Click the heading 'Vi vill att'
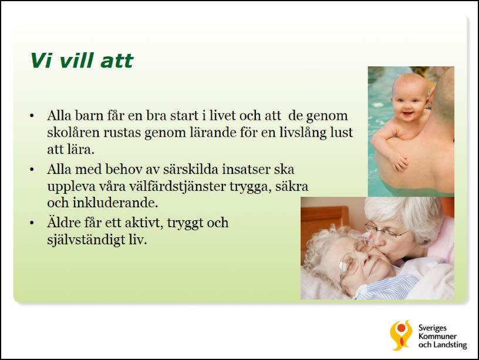pyautogui.click(x=82, y=60)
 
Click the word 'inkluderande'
pyautogui.click(x=115, y=203)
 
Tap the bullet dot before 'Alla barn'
pyautogui.click(x=32, y=116)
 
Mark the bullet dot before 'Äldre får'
pyautogui.click(x=32, y=223)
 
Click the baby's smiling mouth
pyautogui.click(x=407, y=115)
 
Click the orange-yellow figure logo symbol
pyautogui.click(x=401, y=335)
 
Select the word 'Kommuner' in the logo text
pyautogui.click(x=437, y=337)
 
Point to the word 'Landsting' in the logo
pyautogui.click(x=450, y=345)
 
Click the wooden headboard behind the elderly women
pyautogui.click(x=325, y=220)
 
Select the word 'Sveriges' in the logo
pyautogui.click(x=433, y=328)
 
